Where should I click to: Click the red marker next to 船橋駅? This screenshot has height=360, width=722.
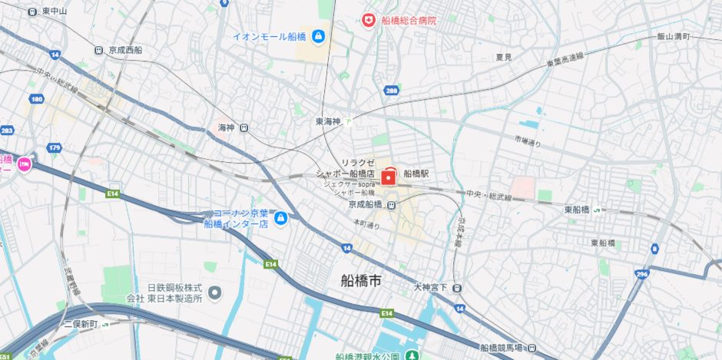[x=389, y=177]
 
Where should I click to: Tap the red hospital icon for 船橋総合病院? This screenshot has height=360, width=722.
[x=369, y=20]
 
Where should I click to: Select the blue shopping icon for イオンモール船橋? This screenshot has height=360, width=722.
[x=318, y=36]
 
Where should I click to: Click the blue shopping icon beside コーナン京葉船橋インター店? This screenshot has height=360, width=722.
[x=281, y=219]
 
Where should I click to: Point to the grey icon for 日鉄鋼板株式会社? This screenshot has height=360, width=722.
[x=214, y=292]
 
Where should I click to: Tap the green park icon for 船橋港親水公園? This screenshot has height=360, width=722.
[x=412, y=356]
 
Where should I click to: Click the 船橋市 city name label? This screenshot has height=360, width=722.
[x=361, y=281]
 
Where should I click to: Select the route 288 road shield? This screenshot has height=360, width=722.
[x=392, y=91]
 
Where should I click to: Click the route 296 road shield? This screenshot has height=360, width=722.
[x=642, y=273]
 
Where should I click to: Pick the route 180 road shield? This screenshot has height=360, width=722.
[x=36, y=99]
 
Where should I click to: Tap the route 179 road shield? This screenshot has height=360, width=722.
[x=53, y=147]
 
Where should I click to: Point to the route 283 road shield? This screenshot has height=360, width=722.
[x=7, y=131]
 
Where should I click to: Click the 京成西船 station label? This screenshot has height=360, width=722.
[x=125, y=50]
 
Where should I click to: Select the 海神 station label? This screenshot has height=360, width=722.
[x=225, y=127]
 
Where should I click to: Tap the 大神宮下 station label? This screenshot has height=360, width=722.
[x=430, y=288]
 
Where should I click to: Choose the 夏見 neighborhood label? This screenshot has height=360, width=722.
[x=504, y=57]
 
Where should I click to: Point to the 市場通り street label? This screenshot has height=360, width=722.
[x=528, y=140]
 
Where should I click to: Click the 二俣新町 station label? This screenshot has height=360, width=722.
[x=81, y=324]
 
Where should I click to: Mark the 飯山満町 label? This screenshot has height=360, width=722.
[x=674, y=36]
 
